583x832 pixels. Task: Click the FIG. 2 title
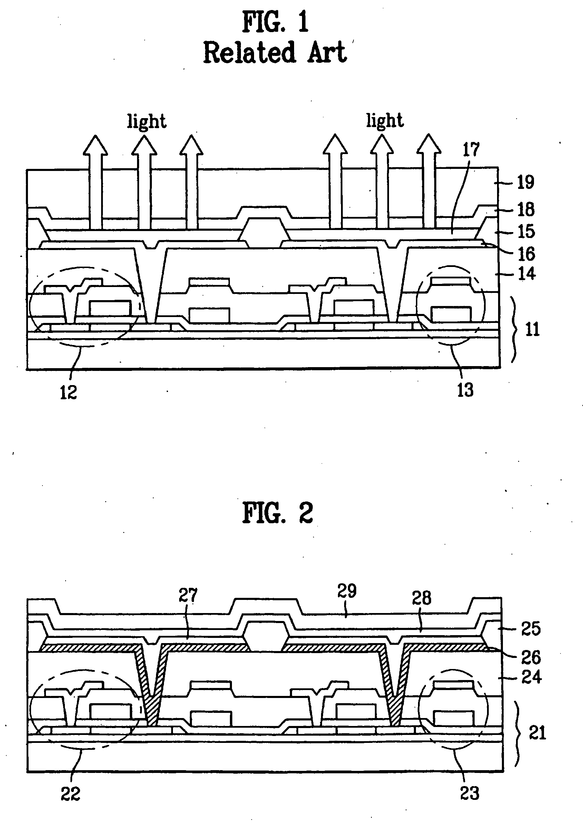click(278, 513)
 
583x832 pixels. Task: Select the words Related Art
click(275, 52)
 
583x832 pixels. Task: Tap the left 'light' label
click(147, 121)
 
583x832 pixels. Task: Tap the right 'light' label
click(385, 120)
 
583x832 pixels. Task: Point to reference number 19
click(525, 182)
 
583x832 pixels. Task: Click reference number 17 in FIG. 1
click(471, 149)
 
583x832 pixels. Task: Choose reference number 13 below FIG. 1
click(465, 390)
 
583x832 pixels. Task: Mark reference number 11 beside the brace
click(532, 329)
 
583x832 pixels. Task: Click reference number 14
click(526, 273)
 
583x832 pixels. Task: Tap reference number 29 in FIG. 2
click(347, 591)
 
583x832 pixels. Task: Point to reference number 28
click(421, 598)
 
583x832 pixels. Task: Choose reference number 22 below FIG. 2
click(70, 794)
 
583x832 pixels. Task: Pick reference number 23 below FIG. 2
click(470, 793)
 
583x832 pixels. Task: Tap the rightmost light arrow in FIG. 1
click(429, 181)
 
